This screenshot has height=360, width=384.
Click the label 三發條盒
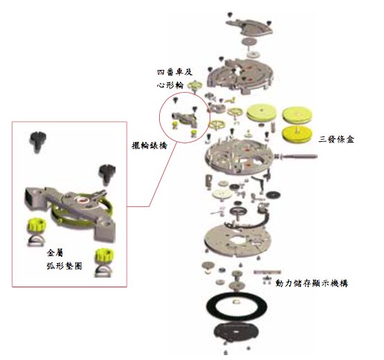click(336, 139)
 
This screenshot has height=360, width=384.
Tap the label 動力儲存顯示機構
click(311, 283)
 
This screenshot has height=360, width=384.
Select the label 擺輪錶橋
click(149, 145)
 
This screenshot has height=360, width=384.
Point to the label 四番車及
click(174, 72)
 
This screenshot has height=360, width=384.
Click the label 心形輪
click(170, 85)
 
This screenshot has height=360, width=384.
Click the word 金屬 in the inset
click(55, 253)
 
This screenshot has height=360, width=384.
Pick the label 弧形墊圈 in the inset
click(64, 266)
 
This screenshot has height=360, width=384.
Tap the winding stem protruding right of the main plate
click(296, 156)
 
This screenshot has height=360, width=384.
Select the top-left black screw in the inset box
click(38, 141)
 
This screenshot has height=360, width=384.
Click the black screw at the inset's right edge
click(107, 174)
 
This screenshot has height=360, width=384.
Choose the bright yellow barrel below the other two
click(297, 134)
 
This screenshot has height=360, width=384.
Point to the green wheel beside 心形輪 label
click(195, 86)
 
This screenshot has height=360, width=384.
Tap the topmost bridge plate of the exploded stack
click(249, 27)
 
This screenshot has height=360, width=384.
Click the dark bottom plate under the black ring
click(236, 332)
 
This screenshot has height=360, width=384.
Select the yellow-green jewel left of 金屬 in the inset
click(37, 225)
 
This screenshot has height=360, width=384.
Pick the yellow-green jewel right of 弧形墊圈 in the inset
click(104, 255)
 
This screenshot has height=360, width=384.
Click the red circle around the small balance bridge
click(159, 118)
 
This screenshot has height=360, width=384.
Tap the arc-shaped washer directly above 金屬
click(36, 242)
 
